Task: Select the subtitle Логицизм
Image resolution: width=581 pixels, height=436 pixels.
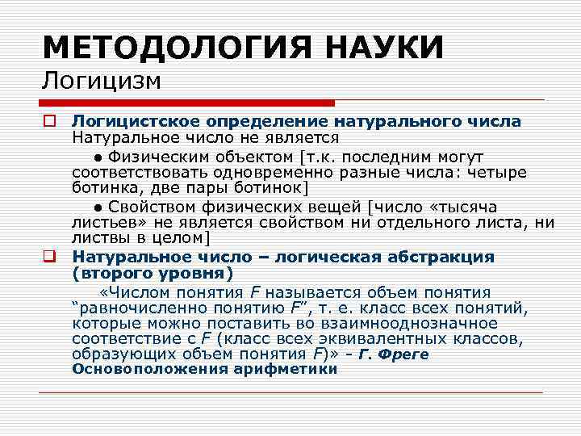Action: point(102,81)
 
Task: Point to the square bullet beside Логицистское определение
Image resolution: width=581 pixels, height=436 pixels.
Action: point(49,122)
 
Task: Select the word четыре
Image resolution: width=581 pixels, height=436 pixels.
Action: point(499,172)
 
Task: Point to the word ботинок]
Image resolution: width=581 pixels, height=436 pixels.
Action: point(269,188)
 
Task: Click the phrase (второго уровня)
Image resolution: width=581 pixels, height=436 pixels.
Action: point(150,273)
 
